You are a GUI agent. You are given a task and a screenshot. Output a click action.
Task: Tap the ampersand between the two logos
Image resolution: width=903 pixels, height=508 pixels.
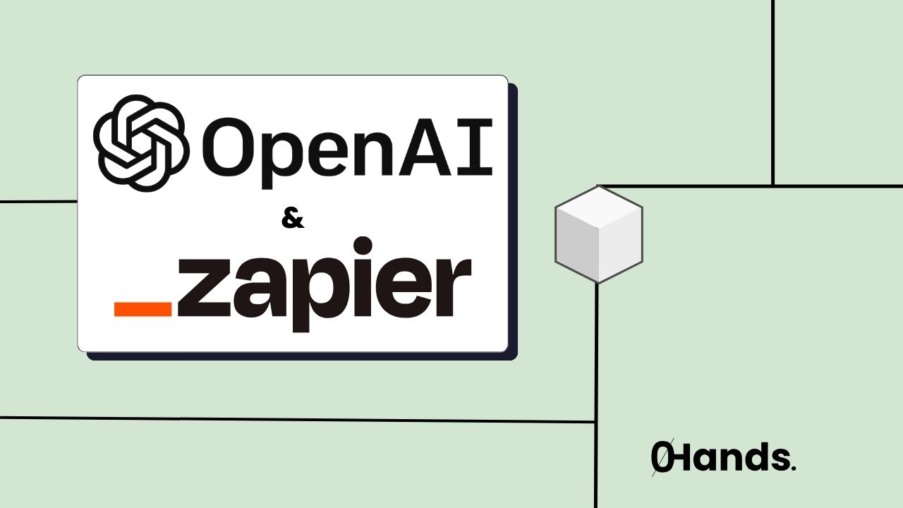[x=293, y=219]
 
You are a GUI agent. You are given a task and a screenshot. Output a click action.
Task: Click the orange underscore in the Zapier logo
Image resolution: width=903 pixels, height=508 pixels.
[x=143, y=309]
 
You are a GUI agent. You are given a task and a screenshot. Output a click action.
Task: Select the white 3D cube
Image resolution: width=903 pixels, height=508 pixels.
[x=598, y=234]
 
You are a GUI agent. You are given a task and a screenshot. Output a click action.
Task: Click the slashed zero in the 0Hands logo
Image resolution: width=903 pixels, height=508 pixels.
[x=661, y=458]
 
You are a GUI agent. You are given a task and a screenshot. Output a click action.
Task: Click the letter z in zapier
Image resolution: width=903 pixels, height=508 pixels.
[x=200, y=290]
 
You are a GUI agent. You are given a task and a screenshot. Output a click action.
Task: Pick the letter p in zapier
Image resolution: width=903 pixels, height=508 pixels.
[x=310, y=296]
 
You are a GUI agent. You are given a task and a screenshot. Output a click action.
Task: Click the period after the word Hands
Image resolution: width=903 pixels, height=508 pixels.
[x=794, y=468]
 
